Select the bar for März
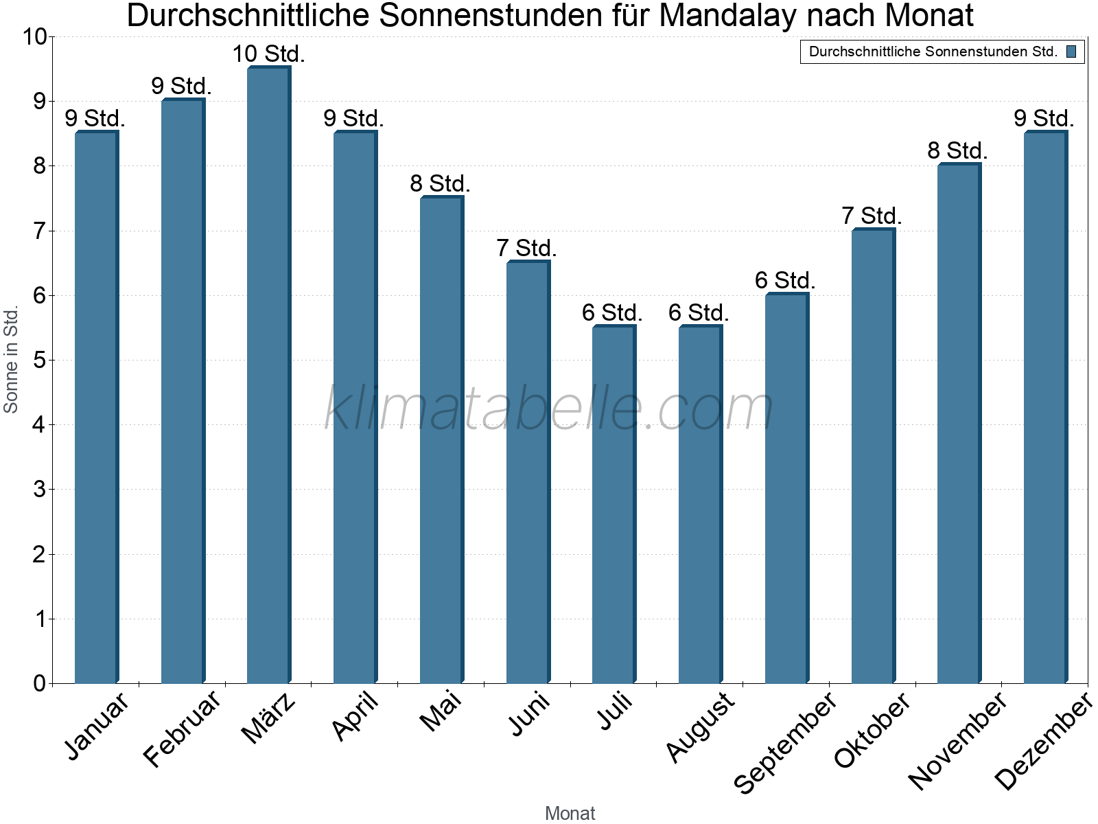tap(269, 374)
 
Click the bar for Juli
tap(614, 504)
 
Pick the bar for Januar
tap(96, 407)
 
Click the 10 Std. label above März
tap(268, 54)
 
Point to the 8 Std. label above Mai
tap(440, 184)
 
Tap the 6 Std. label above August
tap(699, 313)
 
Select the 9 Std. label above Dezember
tap(1044, 119)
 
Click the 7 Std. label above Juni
tap(526, 249)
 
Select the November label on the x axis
tap(958, 740)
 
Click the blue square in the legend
tap(1071, 51)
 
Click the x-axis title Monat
tap(570, 813)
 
